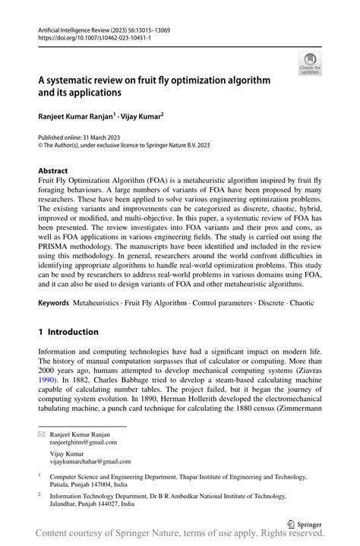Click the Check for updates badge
click(x=310, y=64)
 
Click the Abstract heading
click(x=53, y=171)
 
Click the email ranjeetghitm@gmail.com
click(x=79, y=440)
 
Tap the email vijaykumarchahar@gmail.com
click(x=84, y=461)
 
